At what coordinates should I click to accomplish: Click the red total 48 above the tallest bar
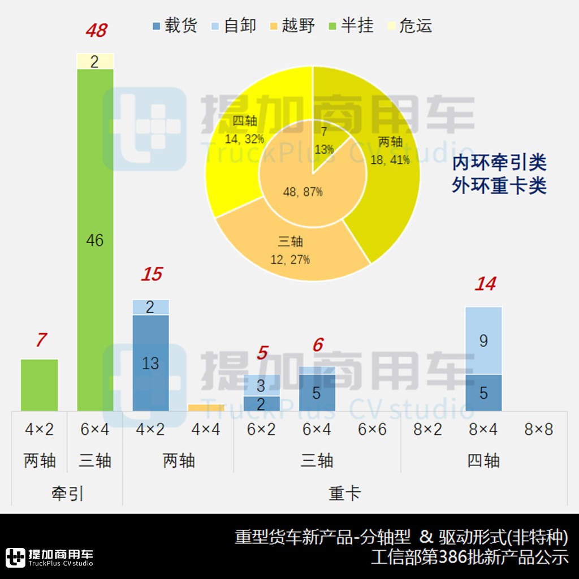tap(96, 31)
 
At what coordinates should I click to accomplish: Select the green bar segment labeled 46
tap(95, 240)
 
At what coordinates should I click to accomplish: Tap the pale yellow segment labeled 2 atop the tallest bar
tap(95, 61)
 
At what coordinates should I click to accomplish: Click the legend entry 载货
tap(175, 26)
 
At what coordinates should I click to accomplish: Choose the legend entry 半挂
tap(351, 26)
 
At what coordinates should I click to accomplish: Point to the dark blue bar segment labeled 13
tap(150, 363)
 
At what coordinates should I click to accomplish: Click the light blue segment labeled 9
tap(483, 340)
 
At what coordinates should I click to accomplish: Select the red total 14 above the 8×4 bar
tap(485, 284)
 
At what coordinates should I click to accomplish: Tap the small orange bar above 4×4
tap(206, 408)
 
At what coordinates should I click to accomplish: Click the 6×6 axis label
tap(372, 430)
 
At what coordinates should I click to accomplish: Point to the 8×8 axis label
tap(539, 430)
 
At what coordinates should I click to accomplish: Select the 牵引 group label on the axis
tap(67, 494)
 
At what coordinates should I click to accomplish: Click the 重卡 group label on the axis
tap(345, 494)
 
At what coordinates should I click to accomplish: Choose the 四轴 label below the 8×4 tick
tap(483, 461)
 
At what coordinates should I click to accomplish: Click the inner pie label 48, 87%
tap(303, 192)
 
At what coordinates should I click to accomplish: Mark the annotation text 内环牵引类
tap(499, 163)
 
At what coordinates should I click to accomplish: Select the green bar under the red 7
tap(40, 384)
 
